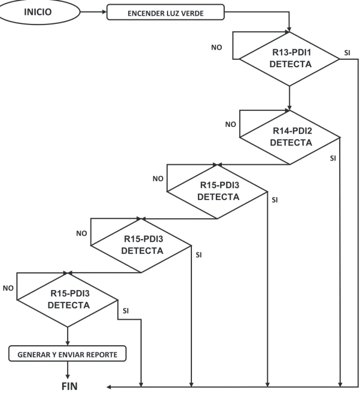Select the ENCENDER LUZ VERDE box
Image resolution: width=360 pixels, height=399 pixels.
[166, 12]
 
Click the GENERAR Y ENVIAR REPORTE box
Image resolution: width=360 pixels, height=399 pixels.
[67, 353]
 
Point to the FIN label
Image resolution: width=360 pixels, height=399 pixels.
[70, 386]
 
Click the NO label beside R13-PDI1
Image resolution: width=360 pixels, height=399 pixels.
[217, 48]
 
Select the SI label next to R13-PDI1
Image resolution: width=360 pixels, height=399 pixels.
[347, 53]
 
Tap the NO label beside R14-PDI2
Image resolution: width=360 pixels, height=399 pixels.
[231, 124]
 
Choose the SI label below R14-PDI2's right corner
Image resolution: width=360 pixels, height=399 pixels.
[333, 158]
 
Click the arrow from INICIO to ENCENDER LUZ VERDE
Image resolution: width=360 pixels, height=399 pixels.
[93, 12]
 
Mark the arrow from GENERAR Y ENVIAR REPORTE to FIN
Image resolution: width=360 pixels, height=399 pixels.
[68, 370]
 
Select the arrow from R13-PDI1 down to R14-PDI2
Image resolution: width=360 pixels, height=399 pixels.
[289, 98]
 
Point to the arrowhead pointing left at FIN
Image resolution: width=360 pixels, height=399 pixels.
[109, 387]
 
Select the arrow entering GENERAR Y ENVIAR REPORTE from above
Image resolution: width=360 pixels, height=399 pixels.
[68, 336]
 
